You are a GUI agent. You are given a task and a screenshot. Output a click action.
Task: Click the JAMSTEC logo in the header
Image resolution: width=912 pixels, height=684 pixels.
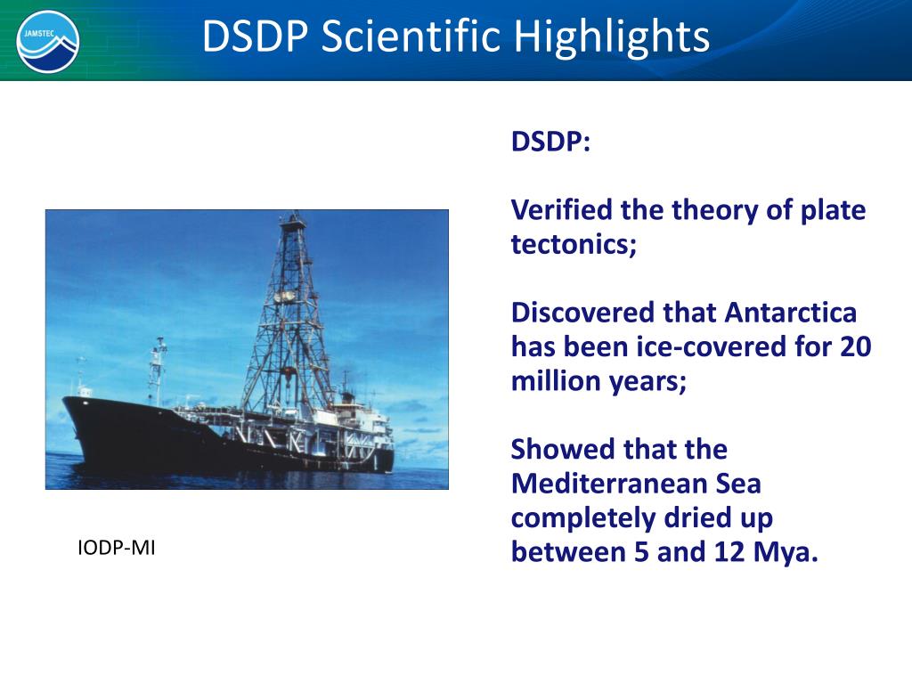[x=48, y=41]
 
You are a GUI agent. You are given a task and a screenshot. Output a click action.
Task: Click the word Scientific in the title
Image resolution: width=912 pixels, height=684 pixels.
[x=411, y=36]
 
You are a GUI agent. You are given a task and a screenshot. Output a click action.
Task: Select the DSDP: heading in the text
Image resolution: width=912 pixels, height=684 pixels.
[x=550, y=142]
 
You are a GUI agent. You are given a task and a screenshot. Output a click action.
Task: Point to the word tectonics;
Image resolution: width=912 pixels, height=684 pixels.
[x=574, y=244]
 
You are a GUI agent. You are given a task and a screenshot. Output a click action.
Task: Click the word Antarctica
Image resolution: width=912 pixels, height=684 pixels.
[x=791, y=313]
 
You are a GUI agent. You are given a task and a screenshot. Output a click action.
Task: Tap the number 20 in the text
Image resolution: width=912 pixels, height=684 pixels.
[x=856, y=346]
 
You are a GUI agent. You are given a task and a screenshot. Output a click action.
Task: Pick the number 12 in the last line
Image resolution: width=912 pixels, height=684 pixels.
[x=729, y=551]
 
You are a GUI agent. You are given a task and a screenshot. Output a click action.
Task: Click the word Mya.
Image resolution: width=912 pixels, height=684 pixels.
[x=786, y=552]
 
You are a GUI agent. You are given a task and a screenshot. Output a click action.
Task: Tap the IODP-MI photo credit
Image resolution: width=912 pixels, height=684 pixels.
[x=117, y=548]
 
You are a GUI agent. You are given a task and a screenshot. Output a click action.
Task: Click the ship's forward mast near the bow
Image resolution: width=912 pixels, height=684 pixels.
[x=157, y=372]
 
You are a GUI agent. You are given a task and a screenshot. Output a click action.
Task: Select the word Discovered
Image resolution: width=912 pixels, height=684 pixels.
[x=583, y=313]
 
